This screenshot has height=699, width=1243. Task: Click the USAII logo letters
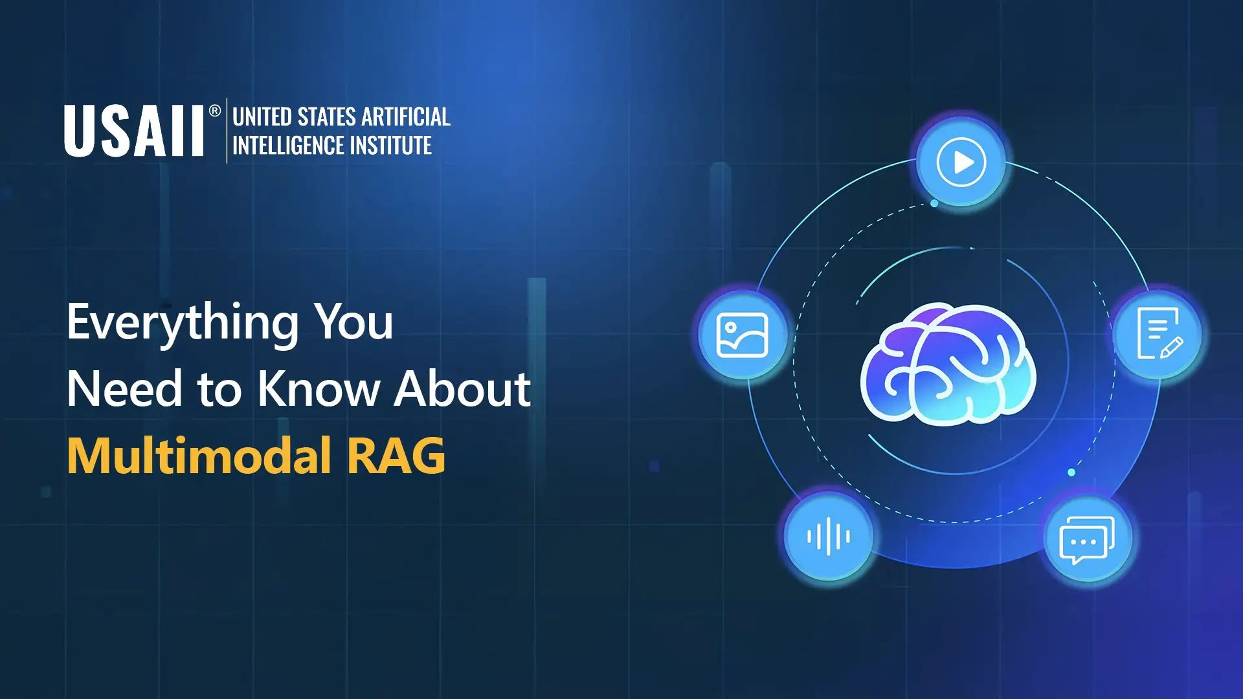click(134, 131)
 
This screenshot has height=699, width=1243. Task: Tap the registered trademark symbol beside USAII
click(215, 111)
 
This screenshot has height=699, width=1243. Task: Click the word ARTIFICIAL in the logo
click(406, 116)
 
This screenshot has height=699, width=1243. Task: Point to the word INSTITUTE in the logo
click(390, 145)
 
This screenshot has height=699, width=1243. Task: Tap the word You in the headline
click(354, 322)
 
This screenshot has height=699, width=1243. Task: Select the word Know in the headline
click(318, 388)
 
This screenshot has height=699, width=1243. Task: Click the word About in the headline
click(463, 388)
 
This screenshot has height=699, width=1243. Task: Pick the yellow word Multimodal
click(199, 455)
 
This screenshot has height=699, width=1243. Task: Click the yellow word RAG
click(396, 456)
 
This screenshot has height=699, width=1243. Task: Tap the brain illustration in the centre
click(948, 364)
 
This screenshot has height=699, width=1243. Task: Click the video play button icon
click(961, 162)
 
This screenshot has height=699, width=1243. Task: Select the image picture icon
click(743, 335)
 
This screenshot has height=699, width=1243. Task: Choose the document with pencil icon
click(1159, 334)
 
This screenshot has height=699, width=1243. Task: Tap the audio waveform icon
click(829, 537)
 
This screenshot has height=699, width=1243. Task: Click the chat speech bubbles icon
click(1088, 539)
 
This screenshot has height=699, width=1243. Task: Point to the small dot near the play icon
click(934, 203)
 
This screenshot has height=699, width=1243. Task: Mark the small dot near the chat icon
click(1071, 472)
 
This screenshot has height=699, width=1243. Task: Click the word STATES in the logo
click(326, 116)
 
